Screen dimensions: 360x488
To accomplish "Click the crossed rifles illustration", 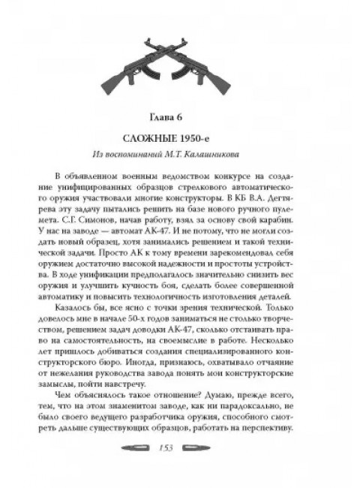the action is tap(179, 64).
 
